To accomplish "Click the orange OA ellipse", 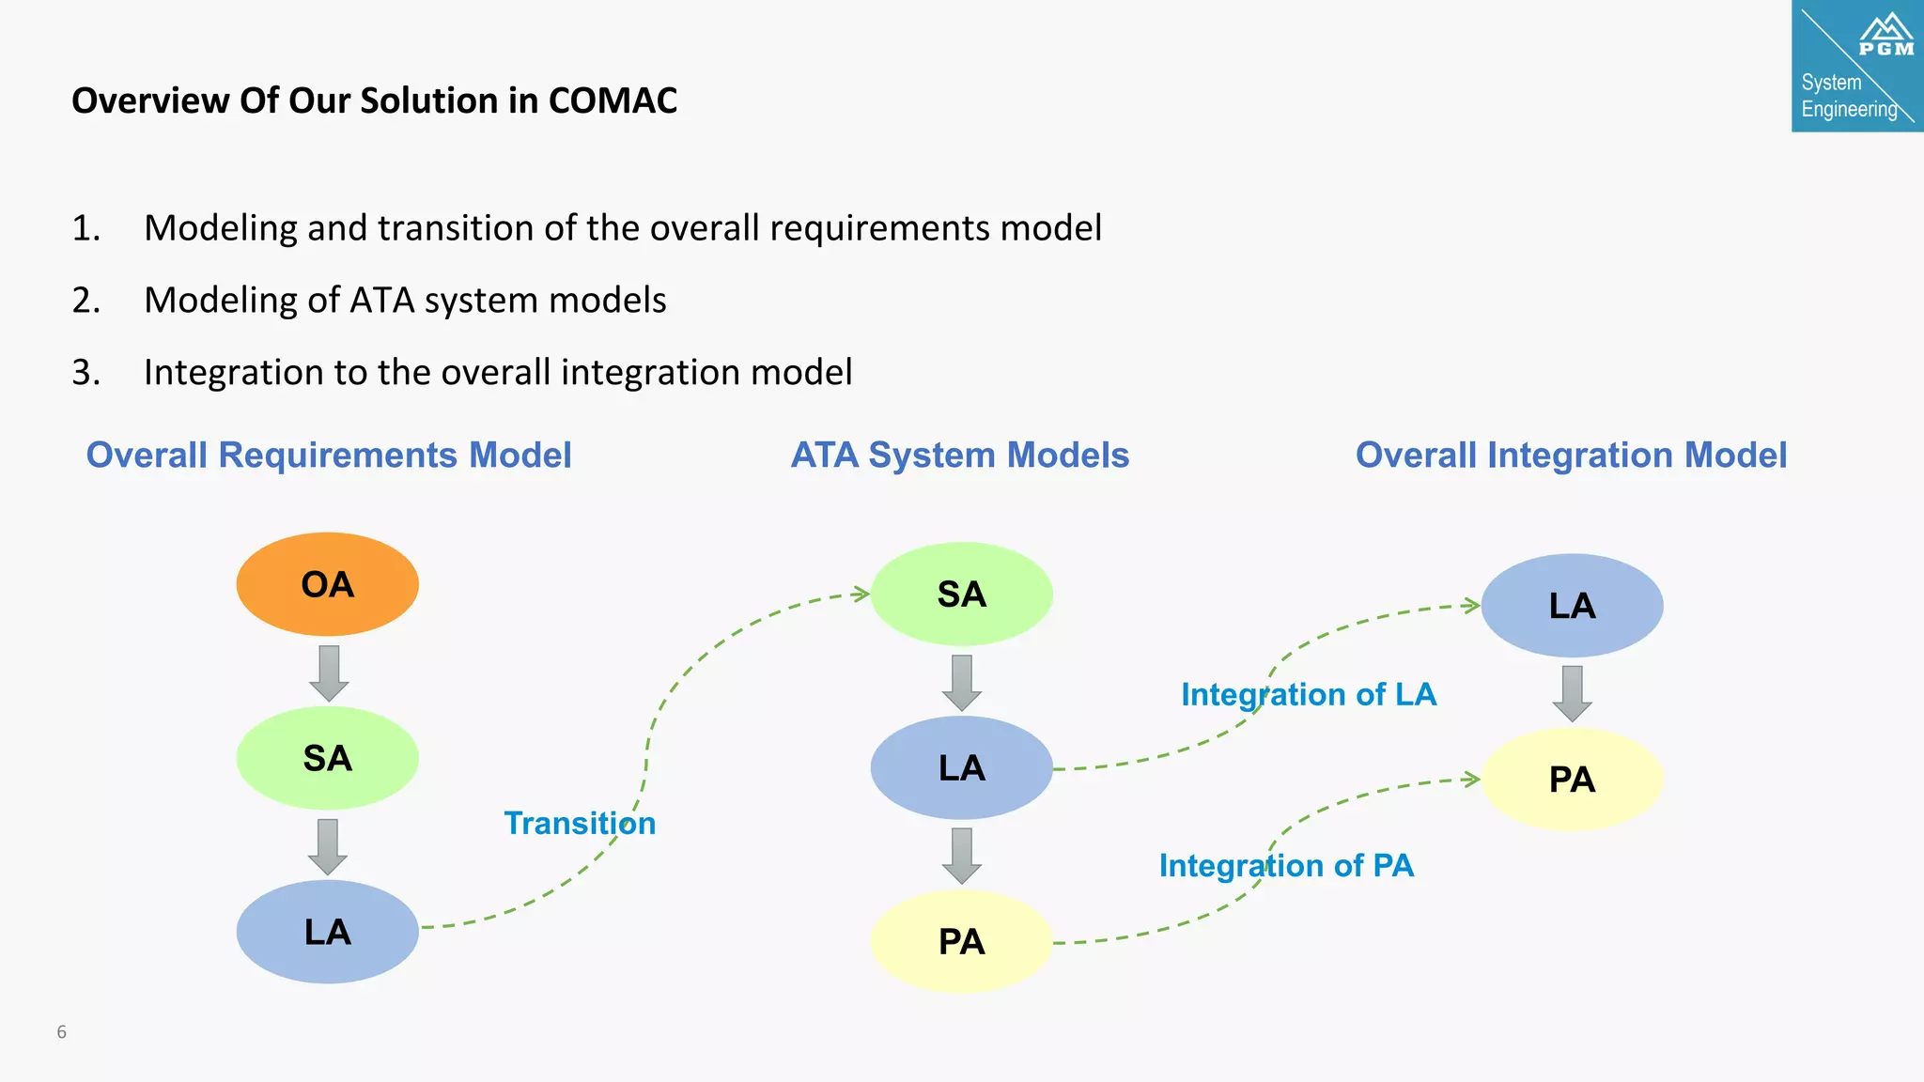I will (x=327, y=584).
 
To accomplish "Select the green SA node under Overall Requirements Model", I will (x=327, y=758).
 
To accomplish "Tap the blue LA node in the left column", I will (x=327, y=932).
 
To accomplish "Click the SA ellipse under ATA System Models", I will (x=961, y=594).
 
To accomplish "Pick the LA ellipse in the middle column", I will (x=961, y=767).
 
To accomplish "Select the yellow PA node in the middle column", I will (x=961, y=941).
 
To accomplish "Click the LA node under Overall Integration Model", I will (x=1572, y=606).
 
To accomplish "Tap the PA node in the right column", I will (x=1572, y=780).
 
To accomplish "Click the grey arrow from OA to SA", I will (x=328, y=672).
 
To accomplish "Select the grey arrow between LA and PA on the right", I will (x=1572, y=693).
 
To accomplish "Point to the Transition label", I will (x=580, y=823).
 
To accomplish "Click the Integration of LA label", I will (x=1308, y=694).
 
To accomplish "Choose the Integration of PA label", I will (x=1285, y=865).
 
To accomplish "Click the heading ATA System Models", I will (x=959, y=456).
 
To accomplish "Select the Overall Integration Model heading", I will (x=1570, y=456).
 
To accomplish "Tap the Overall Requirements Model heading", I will (x=329, y=456).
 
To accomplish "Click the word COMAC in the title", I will (x=613, y=100).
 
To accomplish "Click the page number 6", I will (x=62, y=1032).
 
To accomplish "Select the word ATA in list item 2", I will (x=381, y=301).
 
